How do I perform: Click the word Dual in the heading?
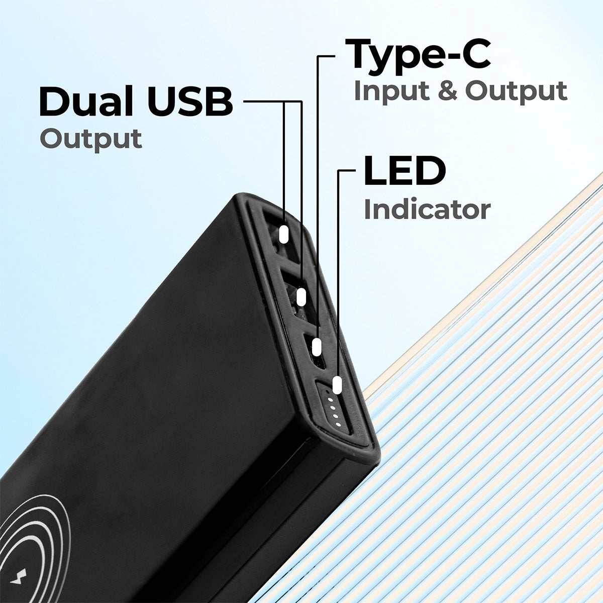coord(86,102)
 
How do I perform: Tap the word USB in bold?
coord(190,102)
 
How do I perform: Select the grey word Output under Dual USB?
coord(91,140)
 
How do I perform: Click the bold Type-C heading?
coord(418,56)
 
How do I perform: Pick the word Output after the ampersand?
coord(517,91)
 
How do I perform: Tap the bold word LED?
coord(405,171)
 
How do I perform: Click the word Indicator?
coord(427,210)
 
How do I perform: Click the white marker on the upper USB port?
coord(283,234)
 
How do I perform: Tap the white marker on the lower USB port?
coord(301,297)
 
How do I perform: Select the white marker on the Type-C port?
coord(317,347)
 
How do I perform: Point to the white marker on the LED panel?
coord(336,385)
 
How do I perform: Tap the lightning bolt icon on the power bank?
coord(19,575)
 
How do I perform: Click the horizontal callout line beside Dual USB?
coord(273,102)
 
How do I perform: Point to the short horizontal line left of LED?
coord(347,170)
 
